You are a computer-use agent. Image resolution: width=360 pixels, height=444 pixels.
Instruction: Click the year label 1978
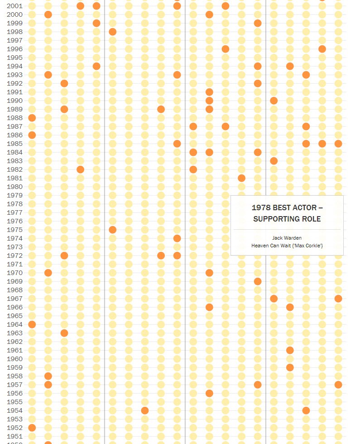coord(14,204)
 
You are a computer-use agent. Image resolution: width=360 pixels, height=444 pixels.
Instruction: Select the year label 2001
coord(14,6)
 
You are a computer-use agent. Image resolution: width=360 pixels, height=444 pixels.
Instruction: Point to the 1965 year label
coord(14,316)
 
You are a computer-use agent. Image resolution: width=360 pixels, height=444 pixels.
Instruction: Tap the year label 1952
coord(14,428)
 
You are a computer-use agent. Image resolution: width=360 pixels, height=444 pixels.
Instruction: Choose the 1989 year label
coord(14,109)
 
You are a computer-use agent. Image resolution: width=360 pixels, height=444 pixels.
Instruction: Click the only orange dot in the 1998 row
coord(113,32)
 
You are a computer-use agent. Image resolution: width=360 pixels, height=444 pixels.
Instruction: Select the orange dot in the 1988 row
coord(32,118)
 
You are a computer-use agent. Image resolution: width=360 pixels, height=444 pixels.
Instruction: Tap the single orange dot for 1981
coord(241,178)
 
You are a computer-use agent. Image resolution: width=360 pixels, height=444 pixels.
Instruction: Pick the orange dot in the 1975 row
coord(113,230)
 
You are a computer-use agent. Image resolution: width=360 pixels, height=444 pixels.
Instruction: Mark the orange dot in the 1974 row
coord(177,238)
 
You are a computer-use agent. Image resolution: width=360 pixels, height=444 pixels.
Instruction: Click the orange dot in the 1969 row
coord(258,281)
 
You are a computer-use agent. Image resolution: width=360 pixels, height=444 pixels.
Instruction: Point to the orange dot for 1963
coord(64,333)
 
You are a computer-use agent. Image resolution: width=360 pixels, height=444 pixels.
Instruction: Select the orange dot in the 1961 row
coord(290,350)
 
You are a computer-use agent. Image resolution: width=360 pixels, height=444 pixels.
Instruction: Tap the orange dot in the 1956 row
coord(209,393)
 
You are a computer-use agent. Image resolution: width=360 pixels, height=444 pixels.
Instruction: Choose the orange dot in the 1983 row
coord(274,161)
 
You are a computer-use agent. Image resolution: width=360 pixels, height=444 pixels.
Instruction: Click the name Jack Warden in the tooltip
coord(287,238)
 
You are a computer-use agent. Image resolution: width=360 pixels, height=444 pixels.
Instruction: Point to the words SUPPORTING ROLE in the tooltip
coord(287,219)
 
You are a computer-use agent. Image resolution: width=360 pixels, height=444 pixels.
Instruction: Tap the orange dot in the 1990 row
coord(274,101)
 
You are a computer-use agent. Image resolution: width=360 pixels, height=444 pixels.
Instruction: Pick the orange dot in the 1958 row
coord(48,376)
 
